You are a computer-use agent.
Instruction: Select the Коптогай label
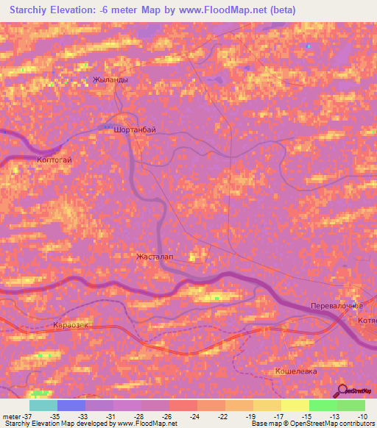54,160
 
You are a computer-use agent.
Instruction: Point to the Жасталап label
155,257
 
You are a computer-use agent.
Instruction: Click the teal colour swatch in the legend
43,405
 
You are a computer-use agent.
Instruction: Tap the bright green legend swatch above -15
323,405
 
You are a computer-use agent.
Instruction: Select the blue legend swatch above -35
71,405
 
